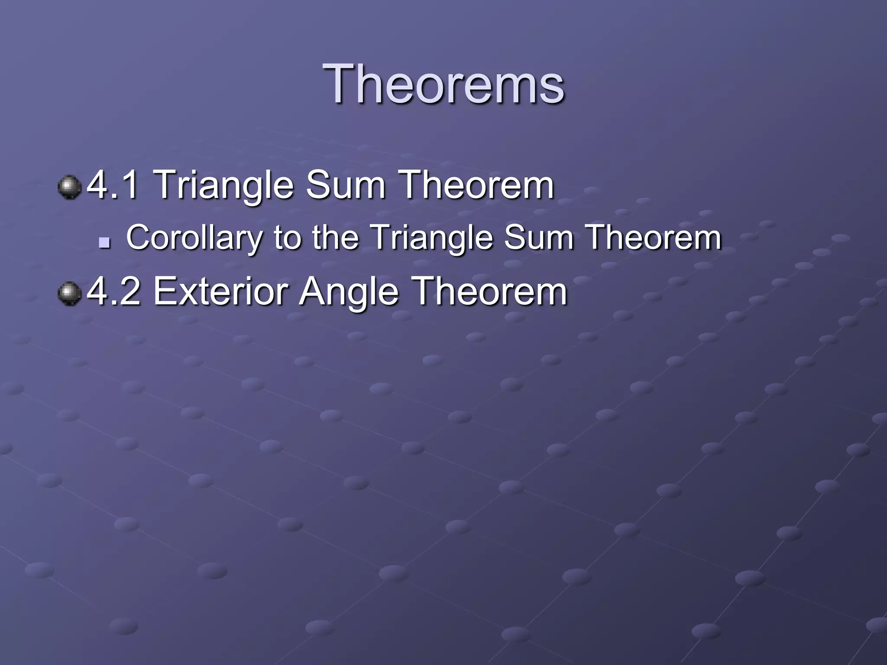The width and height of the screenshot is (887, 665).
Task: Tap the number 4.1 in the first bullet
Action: [114, 185]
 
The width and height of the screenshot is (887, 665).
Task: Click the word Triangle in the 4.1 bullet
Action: [223, 185]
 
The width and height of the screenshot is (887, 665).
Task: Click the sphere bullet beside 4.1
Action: [70, 187]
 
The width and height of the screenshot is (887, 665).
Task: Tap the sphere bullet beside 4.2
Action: [70, 294]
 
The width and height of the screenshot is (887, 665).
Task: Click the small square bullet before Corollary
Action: [104, 242]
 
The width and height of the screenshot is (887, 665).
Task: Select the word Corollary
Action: [194, 238]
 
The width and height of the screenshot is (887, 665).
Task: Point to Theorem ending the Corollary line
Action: [654, 238]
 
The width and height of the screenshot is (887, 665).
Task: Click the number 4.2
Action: [114, 292]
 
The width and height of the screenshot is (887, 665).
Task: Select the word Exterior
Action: [221, 292]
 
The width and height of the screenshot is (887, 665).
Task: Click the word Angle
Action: [349, 292]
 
